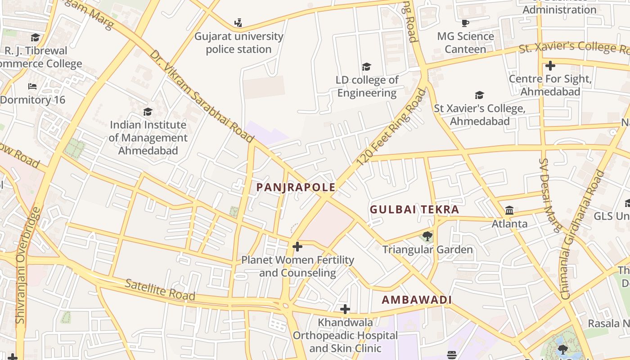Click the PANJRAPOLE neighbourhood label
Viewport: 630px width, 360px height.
[x=296, y=187]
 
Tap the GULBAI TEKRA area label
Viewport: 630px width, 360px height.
[x=414, y=209]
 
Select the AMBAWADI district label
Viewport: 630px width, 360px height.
[x=417, y=300]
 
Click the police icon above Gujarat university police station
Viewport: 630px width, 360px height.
[x=238, y=22]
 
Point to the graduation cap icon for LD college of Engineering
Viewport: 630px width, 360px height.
[x=366, y=67]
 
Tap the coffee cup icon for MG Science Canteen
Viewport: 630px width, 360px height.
[x=465, y=23]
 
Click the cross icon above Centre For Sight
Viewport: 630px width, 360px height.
[x=550, y=66]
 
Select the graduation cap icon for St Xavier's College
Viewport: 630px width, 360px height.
[x=479, y=95]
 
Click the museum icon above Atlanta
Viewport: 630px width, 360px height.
[x=509, y=210]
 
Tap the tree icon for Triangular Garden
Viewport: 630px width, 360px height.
[x=427, y=236]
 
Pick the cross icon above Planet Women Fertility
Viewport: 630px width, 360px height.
[x=297, y=247]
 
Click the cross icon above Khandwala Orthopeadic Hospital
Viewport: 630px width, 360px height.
[x=345, y=309]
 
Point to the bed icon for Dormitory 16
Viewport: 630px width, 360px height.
[x=32, y=86]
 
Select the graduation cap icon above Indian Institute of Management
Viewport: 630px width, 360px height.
[x=148, y=112]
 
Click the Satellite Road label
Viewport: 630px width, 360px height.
[x=160, y=289]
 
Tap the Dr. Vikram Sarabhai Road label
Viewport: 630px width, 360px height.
[x=202, y=96]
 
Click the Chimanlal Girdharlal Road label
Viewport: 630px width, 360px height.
[x=582, y=234]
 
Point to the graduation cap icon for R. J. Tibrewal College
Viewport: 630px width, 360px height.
[x=35, y=37]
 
